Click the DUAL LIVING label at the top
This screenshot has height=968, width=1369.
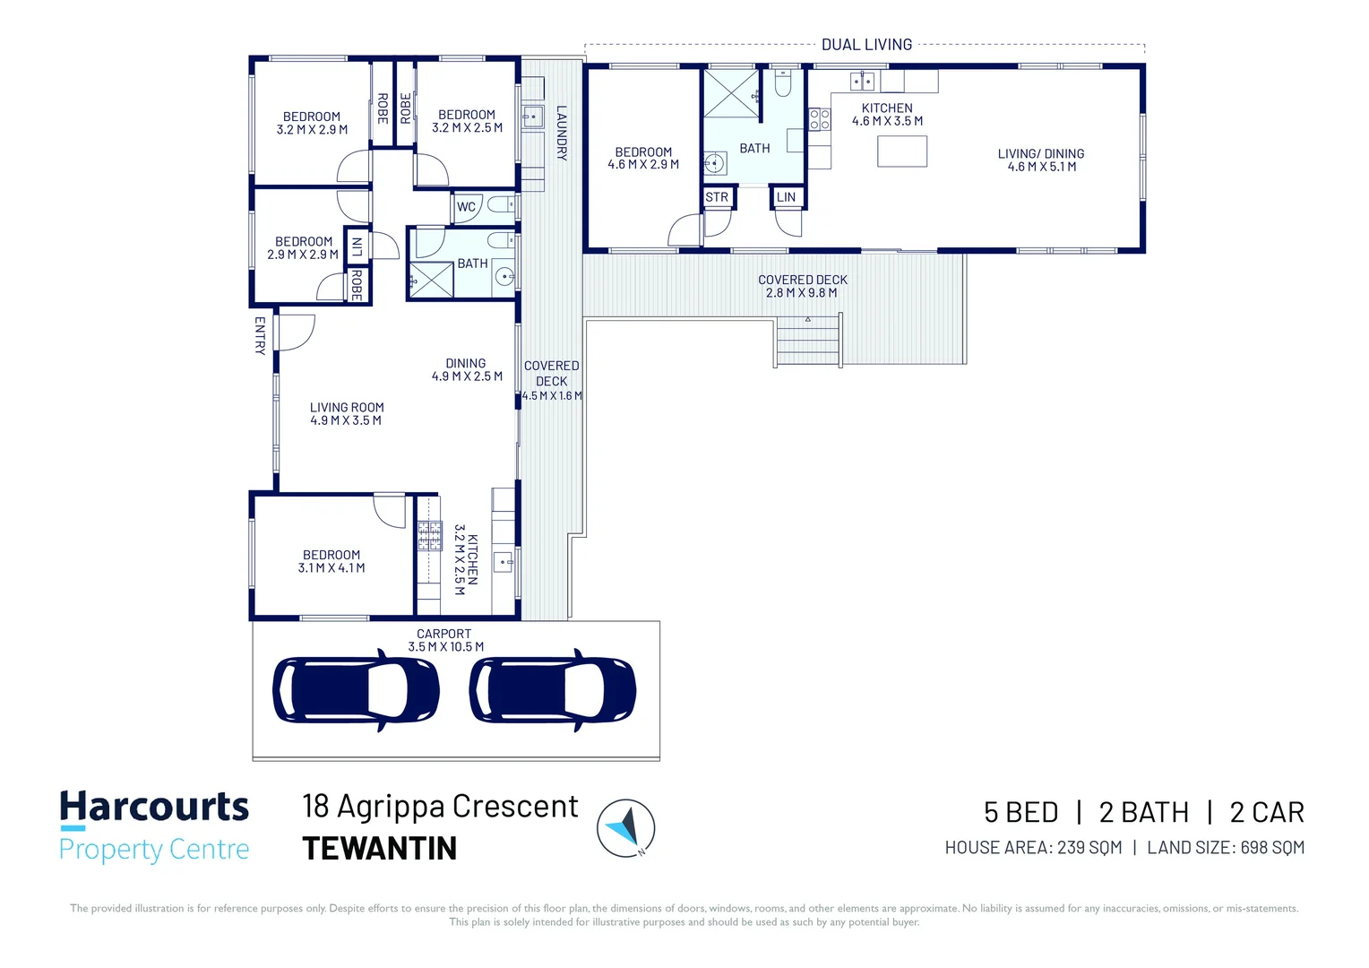[x=866, y=45]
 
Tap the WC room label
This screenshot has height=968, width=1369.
[x=466, y=207]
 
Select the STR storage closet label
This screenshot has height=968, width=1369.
[x=717, y=197]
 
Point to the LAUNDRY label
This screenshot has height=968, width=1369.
[x=562, y=134]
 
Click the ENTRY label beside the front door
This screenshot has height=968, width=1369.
[x=260, y=336]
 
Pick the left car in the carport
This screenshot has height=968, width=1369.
[x=357, y=690]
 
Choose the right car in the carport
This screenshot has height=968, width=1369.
[x=553, y=690]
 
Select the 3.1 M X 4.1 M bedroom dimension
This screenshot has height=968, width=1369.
[x=331, y=568]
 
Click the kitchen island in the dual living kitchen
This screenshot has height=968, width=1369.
[x=902, y=151]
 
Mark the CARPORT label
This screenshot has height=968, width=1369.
[x=443, y=634]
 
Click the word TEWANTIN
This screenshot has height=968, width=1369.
[x=380, y=849]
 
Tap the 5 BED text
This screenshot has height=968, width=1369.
[x=1020, y=813]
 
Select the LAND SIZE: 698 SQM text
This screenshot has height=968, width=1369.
[x=1226, y=848]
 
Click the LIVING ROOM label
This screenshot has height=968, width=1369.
[x=347, y=407]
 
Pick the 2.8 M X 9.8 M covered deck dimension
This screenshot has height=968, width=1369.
[x=802, y=293]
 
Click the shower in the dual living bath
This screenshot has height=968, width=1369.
[x=731, y=93]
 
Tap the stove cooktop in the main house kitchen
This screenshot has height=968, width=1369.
[x=430, y=536]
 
